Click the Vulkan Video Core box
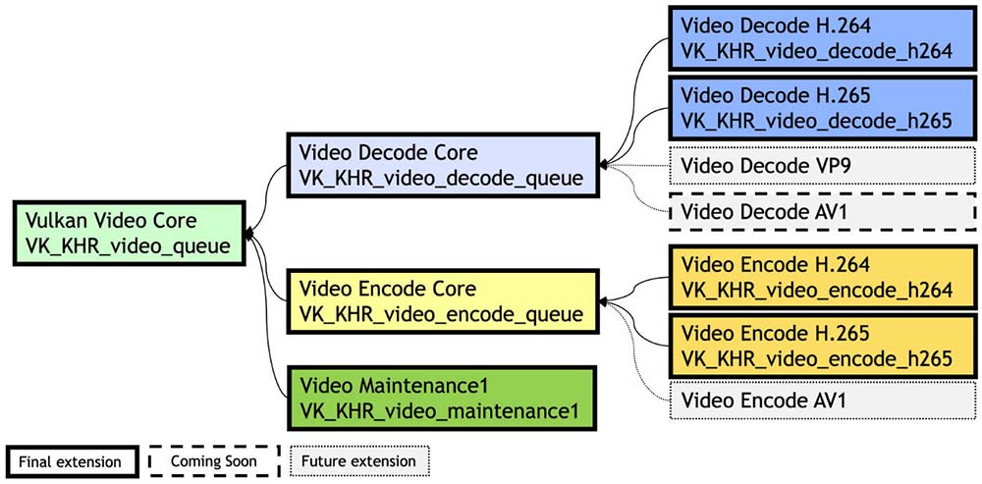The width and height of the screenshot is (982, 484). [132, 233]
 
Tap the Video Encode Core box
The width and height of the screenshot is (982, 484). [441, 301]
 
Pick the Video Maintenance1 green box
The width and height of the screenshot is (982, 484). [441, 396]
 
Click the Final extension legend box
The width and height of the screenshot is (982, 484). [69, 460]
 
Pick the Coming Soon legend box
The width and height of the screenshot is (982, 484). [214, 460]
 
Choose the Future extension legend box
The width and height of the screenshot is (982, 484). [359, 460]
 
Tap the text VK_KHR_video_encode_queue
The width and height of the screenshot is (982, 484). [441, 314]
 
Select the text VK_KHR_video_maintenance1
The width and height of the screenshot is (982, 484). [441, 408]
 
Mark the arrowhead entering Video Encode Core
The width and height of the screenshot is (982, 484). [603, 300]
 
